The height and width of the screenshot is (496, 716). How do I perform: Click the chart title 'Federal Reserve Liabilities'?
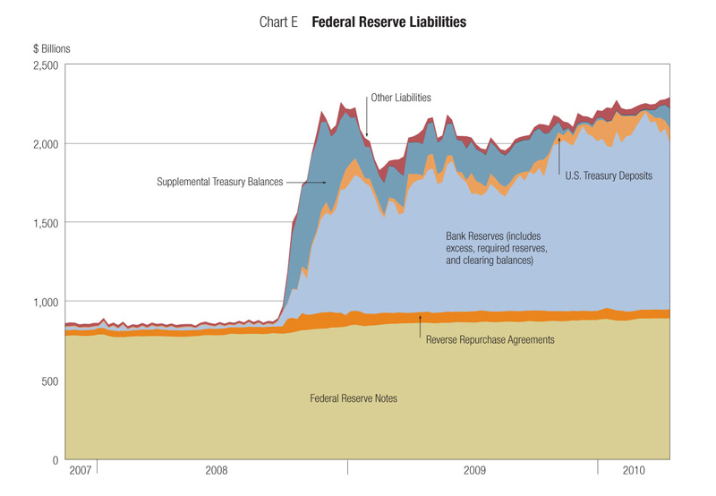pyautogui.click(x=388, y=21)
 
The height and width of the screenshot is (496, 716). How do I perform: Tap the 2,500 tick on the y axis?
pyautogui.click(x=45, y=65)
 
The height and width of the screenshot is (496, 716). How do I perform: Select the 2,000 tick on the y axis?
pyautogui.click(x=45, y=144)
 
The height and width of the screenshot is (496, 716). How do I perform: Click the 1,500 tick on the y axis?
pyautogui.click(x=45, y=223)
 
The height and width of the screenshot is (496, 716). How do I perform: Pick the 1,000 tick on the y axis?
pyautogui.click(x=45, y=302)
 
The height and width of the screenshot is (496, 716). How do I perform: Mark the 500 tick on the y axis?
pyautogui.click(x=51, y=381)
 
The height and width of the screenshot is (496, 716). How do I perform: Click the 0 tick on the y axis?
pyautogui.click(x=56, y=459)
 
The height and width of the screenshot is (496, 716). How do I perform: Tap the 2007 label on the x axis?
pyautogui.click(x=81, y=470)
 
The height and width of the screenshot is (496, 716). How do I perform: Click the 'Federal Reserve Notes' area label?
pyautogui.click(x=353, y=398)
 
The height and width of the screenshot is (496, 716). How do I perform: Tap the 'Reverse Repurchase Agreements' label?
pyautogui.click(x=490, y=340)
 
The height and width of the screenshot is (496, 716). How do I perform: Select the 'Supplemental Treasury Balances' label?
pyautogui.click(x=219, y=182)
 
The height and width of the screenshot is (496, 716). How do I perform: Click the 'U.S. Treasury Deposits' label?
pyautogui.click(x=609, y=176)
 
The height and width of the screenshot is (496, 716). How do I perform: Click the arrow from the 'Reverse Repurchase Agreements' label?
pyautogui.click(x=421, y=328)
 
